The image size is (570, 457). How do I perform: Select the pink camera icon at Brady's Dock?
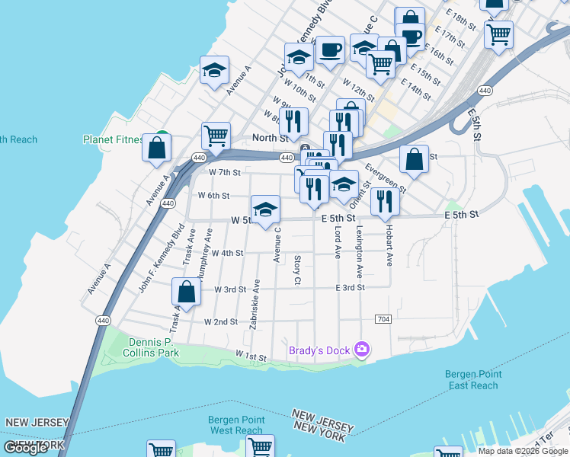click(x=362, y=350)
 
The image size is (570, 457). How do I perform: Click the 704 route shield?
click(x=383, y=318)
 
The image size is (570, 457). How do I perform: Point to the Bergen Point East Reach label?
click(x=472, y=379)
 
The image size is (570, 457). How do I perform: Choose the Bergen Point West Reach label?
click(x=236, y=425)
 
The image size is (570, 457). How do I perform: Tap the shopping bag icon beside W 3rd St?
click(x=187, y=292)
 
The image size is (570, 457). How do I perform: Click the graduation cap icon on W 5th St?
click(x=265, y=210)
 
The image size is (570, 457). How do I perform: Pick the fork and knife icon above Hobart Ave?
click(x=385, y=201)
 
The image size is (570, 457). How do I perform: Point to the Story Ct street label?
click(x=297, y=271)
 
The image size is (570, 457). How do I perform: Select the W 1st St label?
click(x=251, y=356)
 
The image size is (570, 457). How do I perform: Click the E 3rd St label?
click(x=351, y=287)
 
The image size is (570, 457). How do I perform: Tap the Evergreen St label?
click(x=386, y=177)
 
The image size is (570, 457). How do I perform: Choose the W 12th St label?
click(x=357, y=90)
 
